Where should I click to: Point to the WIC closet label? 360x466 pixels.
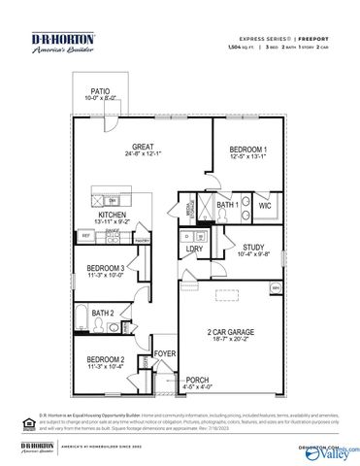pyautogui.click(x=265, y=206)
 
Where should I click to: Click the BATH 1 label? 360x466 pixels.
pyautogui.click(x=228, y=206)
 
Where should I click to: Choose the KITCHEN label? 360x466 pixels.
pyautogui.click(x=112, y=215)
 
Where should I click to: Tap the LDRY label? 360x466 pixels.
pyautogui.click(x=194, y=250)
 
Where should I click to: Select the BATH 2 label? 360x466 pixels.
pyautogui.click(x=103, y=313)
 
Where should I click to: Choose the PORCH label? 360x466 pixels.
pyautogui.click(x=198, y=380)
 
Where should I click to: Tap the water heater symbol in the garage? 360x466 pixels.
pyautogui.click(x=276, y=288)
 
